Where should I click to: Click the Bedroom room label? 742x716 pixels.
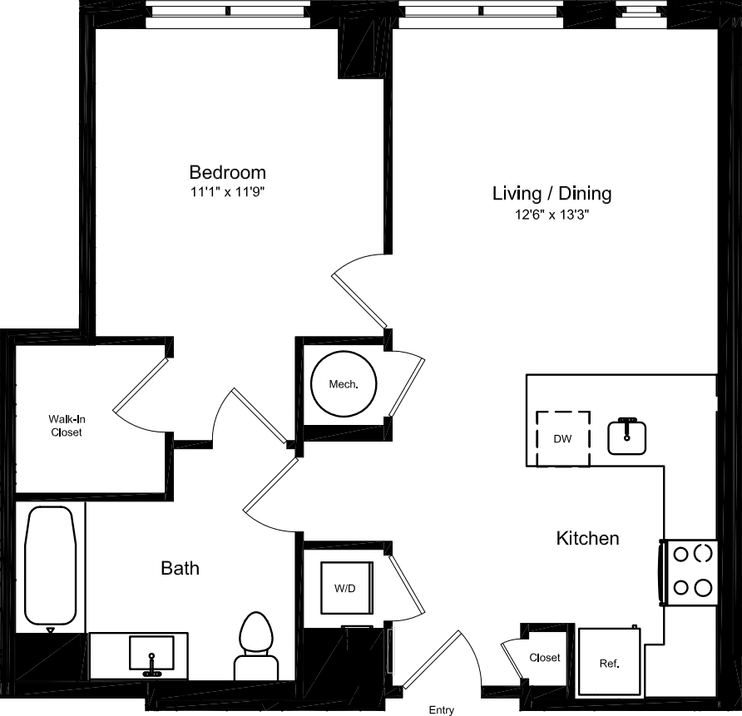[227, 172]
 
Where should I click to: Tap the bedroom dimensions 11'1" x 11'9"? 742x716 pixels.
[227, 191]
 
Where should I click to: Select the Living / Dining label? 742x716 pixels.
[552, 194]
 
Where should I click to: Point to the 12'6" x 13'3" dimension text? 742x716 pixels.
[552, 215]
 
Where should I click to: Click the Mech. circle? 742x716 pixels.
[344, 384]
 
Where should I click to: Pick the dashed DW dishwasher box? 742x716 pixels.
[562, 438]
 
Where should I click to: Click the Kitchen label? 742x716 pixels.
[587, 538]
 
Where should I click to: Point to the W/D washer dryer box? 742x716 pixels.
[345, 589]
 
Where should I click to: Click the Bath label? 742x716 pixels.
[180, 569]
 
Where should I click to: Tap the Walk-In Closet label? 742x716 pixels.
[66, 426]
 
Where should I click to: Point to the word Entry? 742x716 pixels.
[441, 709]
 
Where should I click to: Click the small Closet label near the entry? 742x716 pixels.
[545, 658]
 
